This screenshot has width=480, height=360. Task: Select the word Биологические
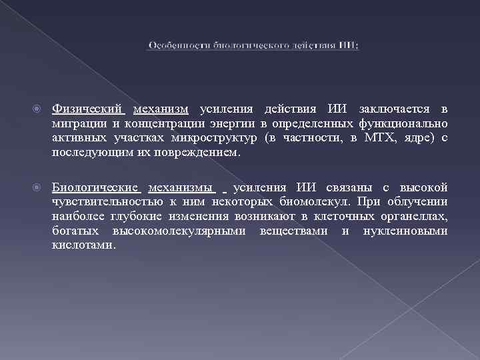[95, 187]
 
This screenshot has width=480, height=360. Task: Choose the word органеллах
[413, 216]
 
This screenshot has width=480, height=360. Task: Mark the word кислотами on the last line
[83, 245]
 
